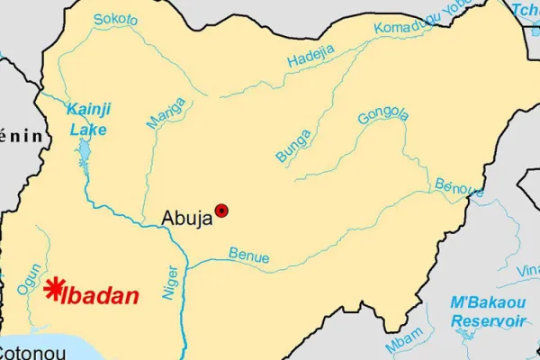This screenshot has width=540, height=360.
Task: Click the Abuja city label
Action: tap(186, 216)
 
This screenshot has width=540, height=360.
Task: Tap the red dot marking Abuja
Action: tap(221, 211)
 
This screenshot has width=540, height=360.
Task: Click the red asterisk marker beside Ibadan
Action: tap(54, 289)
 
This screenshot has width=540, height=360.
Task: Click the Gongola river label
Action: tap(382, 116)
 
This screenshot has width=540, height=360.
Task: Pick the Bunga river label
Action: tap(293, 146)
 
